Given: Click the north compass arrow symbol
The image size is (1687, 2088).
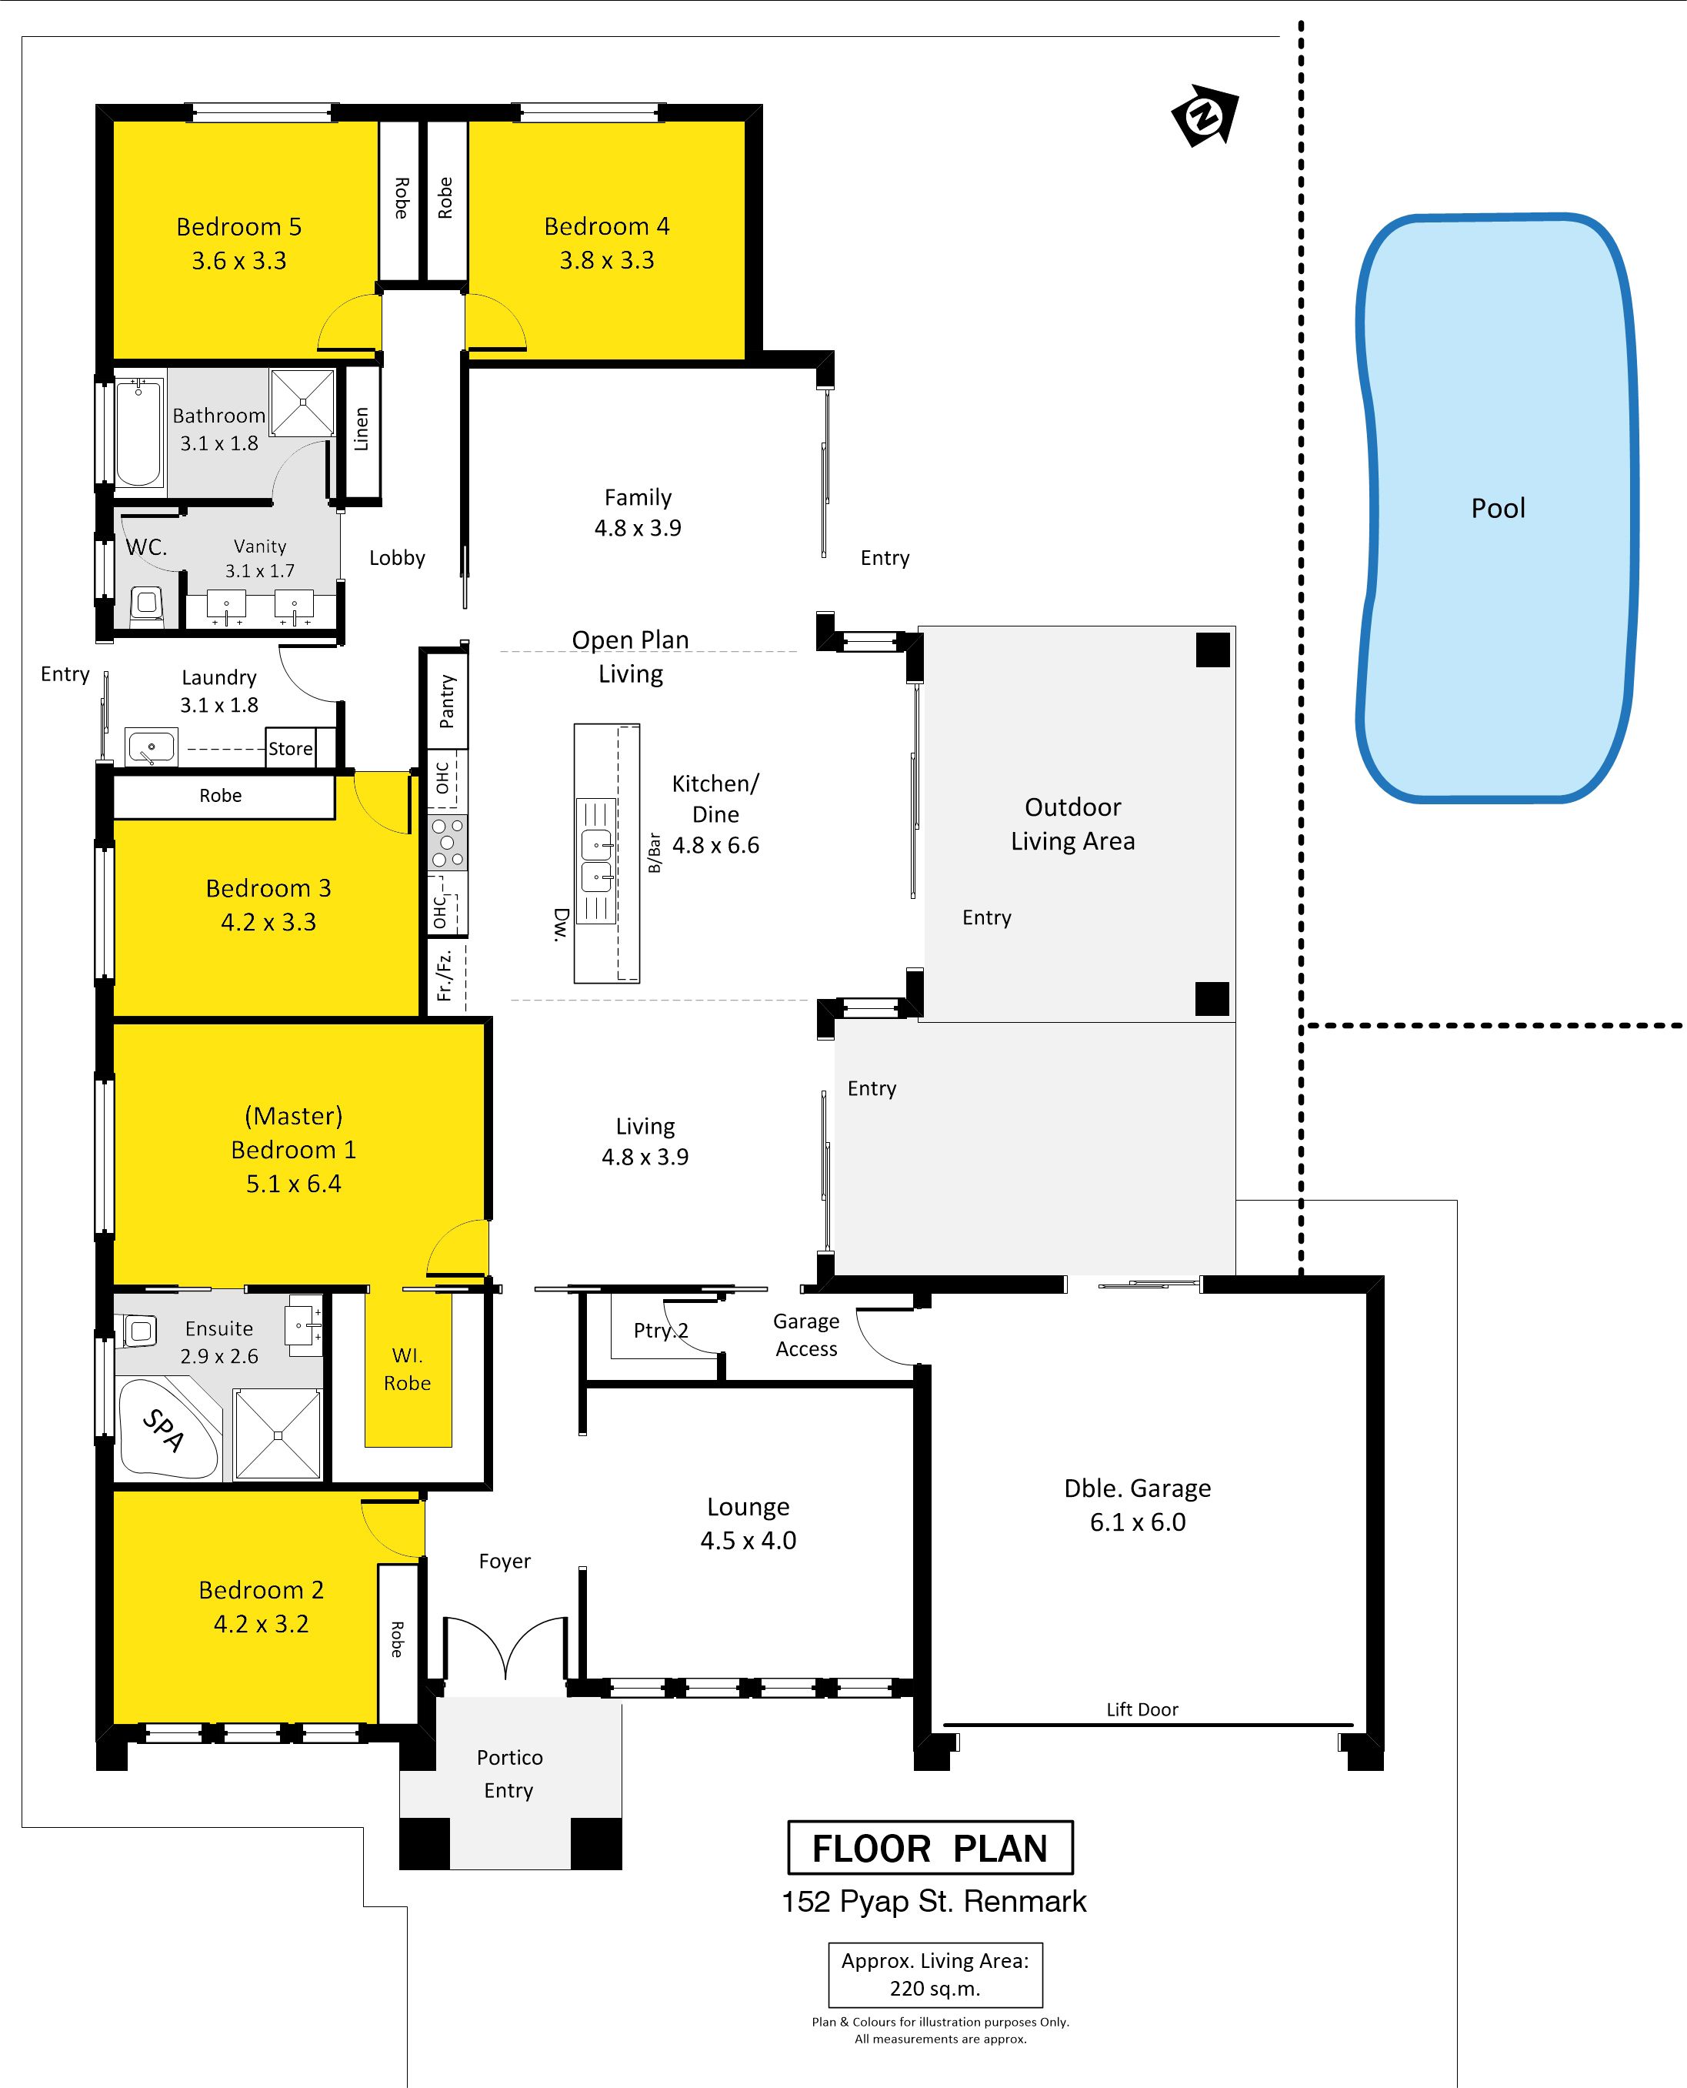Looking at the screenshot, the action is pos(1205,115).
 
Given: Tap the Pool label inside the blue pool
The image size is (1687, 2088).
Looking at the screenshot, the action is pos(1498,509).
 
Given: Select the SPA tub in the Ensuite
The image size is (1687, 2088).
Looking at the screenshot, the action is pos(167,1430).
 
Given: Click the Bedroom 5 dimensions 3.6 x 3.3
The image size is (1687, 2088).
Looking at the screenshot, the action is pos(239,260).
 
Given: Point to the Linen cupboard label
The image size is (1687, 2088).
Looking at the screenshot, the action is pos(362,429).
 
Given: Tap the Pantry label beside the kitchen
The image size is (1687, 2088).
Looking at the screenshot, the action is pos(446,701).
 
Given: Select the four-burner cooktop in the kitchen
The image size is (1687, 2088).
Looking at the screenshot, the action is pos(447,842).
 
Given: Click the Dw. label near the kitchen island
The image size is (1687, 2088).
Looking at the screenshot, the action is pos(560,924).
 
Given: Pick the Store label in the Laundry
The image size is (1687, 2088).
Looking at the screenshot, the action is pos(291,749).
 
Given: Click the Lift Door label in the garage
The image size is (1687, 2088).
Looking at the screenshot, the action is pos(1142,1709).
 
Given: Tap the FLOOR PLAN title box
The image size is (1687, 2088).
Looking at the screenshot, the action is pos(930,1847).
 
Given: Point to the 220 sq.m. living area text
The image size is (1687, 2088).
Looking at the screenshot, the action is pos(935,1988).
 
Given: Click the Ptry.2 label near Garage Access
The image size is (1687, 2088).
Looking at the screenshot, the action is pos(661,1330).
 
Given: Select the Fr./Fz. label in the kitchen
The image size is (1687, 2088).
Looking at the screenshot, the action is pos(444,975).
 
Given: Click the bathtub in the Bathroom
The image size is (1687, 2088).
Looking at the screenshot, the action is pos(139,432).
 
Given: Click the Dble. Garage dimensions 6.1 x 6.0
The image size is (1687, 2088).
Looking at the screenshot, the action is pos(1138,1522).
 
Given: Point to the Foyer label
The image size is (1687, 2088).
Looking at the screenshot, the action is pos(505,1561).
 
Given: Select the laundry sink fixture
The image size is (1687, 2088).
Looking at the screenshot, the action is pos(151,747).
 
